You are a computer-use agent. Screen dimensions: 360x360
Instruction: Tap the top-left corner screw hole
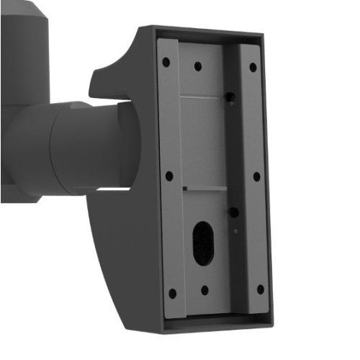coord(166,62)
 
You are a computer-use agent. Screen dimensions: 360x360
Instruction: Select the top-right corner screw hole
coord(253,67)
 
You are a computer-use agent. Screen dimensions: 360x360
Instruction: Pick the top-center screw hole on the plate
coord(198,66)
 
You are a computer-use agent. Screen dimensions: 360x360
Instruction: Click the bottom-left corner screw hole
coord(171,293)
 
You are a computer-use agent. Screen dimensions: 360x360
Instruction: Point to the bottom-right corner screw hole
coord(260,289)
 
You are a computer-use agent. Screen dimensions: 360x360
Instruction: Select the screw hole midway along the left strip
coord(168,175)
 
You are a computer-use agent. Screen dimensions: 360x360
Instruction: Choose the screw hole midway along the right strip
coord(256,176)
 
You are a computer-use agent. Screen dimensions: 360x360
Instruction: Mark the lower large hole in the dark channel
coord(233,212)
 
